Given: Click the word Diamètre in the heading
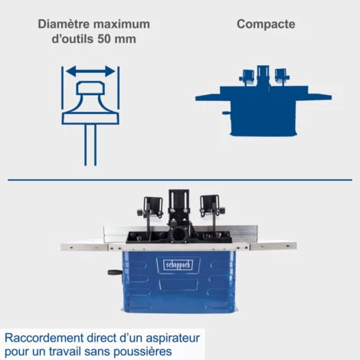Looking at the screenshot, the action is [x=64, y=25].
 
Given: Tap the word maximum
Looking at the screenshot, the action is [x=122, y=25].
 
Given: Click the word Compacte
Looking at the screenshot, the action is [x=266, y=25].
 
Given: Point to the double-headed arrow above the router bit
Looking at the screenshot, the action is [x=90, y=71].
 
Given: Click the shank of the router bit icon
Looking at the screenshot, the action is [x=90, y=145].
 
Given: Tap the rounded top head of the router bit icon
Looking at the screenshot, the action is [x=90, y=87].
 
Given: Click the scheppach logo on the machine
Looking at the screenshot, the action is [x=178, y=265].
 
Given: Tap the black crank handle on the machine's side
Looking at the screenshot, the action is [x=115, y=272].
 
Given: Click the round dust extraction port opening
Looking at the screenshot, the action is [x=179, y=235].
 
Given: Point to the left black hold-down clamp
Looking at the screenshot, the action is [x=151, y=208].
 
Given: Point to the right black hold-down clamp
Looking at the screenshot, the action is [x=211, y=206].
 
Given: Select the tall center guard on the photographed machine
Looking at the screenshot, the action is [x=178, y=205].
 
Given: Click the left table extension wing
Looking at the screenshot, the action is [x=84, y=247].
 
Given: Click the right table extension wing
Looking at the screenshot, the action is [x=273, y=246].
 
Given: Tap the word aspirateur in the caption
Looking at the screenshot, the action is [x=172, y=339].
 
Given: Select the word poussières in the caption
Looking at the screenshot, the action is [x=142, y=352].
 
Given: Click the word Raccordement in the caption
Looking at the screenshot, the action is [x=44, y=338].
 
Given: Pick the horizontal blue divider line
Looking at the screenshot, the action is [x=180, y=180].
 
